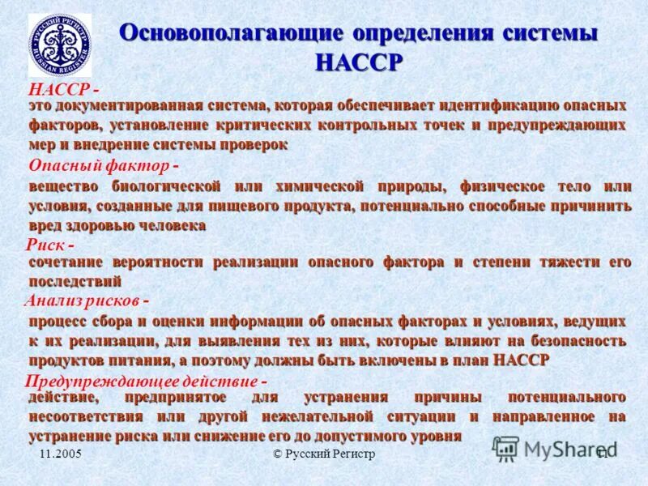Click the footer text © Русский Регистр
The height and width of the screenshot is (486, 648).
tap(324, 454)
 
